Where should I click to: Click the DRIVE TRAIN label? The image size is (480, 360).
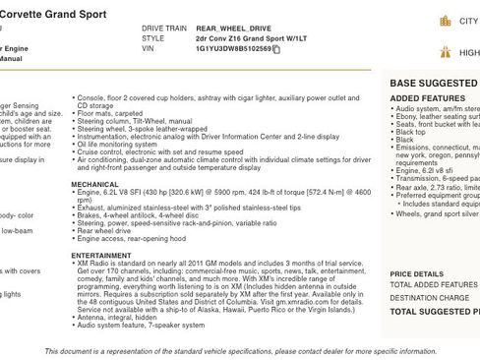[x=162, y=30]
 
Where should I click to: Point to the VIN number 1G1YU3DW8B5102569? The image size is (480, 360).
[x=232, y=48]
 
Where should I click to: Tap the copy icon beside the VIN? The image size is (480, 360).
[x=277, y=48]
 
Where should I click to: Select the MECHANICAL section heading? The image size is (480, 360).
[x=95, y=184]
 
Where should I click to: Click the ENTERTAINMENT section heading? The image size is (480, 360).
[x=101, y=254]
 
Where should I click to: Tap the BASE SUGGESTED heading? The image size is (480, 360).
[x=434, y=84]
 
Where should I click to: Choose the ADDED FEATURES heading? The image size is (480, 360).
[x=428, y=99]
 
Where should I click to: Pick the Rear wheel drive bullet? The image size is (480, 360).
[x=110, y=231]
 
